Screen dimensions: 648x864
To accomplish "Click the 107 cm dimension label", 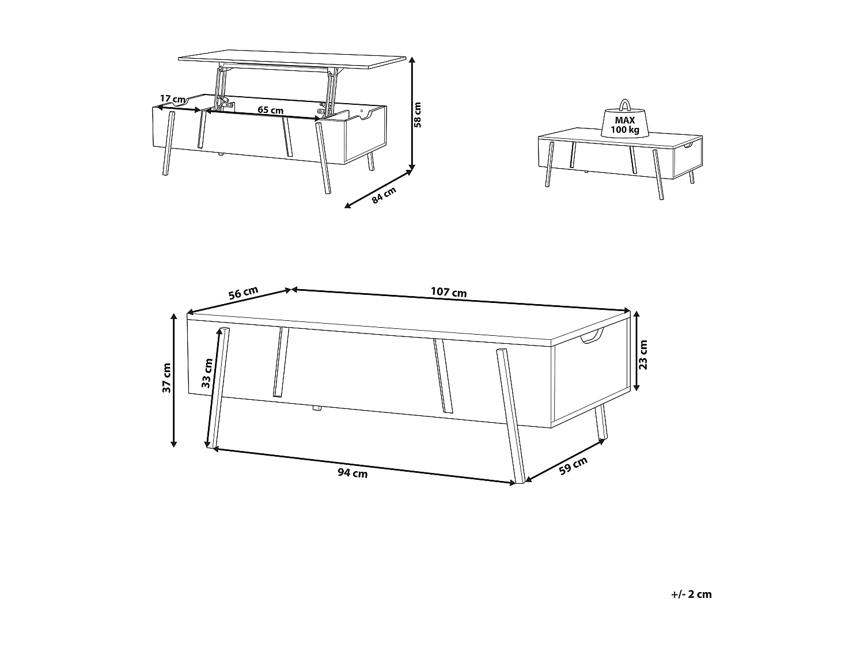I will point(449,292).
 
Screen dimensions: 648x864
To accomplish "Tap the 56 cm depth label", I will point(243,293).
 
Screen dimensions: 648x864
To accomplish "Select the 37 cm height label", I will point(166,378).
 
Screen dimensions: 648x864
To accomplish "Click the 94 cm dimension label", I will point(353,473).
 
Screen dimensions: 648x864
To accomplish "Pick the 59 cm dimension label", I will point(574,465).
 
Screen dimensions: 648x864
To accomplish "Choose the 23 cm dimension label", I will point(644,355).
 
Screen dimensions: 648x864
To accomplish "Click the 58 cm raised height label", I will point(418,115).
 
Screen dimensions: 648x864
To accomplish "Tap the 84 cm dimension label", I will point(384,195).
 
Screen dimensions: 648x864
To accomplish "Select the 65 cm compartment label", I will point(270,110).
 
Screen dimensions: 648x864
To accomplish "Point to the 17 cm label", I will point(172,98).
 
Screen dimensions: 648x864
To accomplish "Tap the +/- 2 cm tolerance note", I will point(691,594).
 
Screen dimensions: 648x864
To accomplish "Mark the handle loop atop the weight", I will point(625,105).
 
